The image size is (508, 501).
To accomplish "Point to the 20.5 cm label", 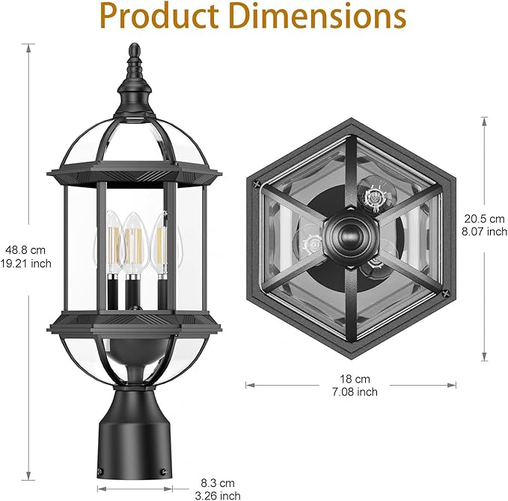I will pyautogui.click(x=485, y=219).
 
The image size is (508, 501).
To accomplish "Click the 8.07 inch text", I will pyautogui.click(x=485, y=231).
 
